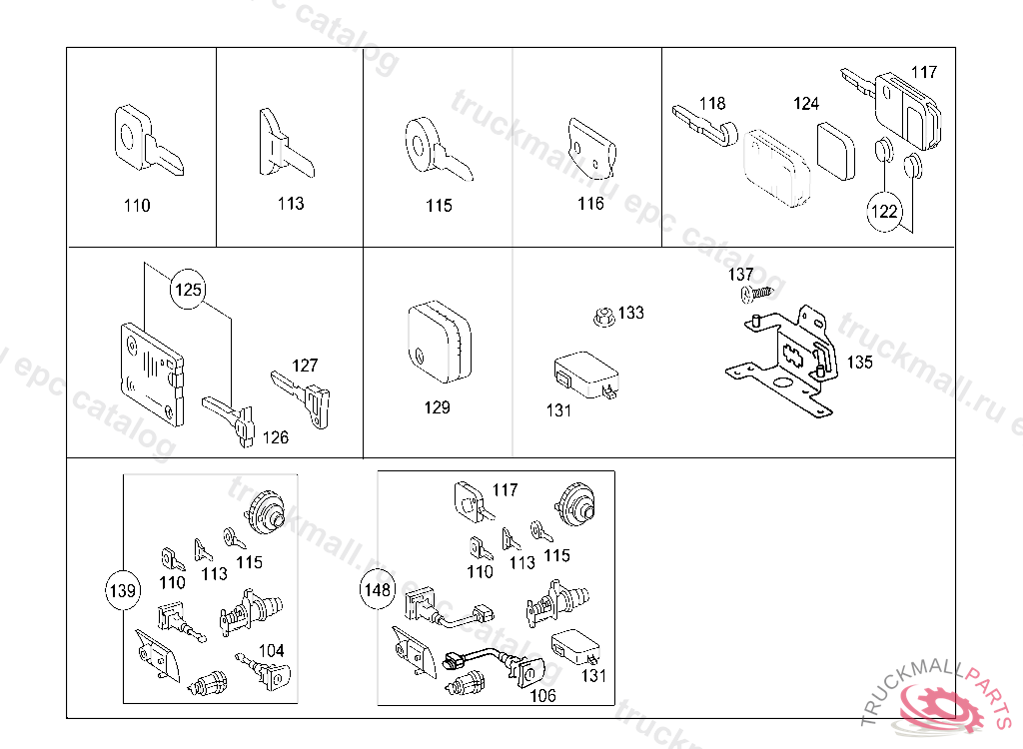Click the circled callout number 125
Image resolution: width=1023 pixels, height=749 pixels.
click(188, 291)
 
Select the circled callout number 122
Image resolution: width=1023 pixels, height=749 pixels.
click(884, 211)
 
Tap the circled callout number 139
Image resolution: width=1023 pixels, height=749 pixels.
click(122, 591)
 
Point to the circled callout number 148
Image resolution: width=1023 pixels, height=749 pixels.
click(378, 590)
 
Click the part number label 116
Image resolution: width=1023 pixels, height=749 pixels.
click(590, 204)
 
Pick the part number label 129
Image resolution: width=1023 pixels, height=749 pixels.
click(437, 407)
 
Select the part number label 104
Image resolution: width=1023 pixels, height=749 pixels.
click(271, 650)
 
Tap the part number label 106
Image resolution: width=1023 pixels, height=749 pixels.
click(544, 696)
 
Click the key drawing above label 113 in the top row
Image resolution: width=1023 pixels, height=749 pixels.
click(282, 146)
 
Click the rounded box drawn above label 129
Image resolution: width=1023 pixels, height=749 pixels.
click(439, 341)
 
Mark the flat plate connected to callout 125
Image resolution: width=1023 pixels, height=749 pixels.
click(151, 370)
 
